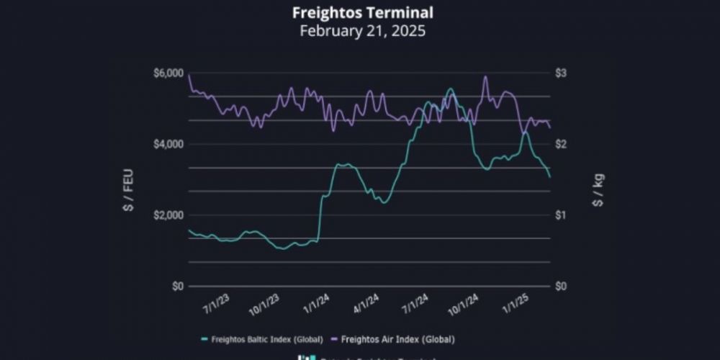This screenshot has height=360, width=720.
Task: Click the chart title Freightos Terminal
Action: tap(362, 13)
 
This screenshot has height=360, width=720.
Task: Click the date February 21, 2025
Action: tap(362, 31)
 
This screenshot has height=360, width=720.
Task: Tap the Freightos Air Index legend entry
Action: tap(397, 338)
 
